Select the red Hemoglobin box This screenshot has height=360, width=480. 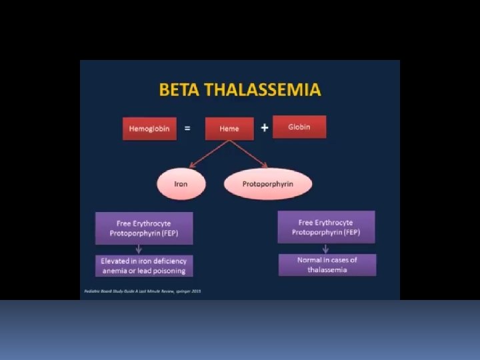tap(149, 129)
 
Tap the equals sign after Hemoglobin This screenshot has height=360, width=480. tap(187, 128)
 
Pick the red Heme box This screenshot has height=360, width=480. tap(229, 129)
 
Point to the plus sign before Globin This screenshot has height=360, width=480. tap(265, 127)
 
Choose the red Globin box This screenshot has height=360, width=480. tap(299, 127)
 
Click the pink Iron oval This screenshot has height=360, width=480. tap(181, 183)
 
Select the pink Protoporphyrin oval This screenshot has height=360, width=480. tap(268, 183)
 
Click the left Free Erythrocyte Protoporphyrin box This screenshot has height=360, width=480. tap(144, 228)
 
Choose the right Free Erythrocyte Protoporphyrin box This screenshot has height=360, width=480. tap(326, 227)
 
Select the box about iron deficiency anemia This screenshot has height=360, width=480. tap(144, 265)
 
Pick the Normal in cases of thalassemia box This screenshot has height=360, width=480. tap(327, 265)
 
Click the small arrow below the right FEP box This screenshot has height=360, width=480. tap(326, 248)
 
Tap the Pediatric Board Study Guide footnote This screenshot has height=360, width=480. tap(143, 291)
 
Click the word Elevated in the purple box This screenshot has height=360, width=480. tap(115, 261)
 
